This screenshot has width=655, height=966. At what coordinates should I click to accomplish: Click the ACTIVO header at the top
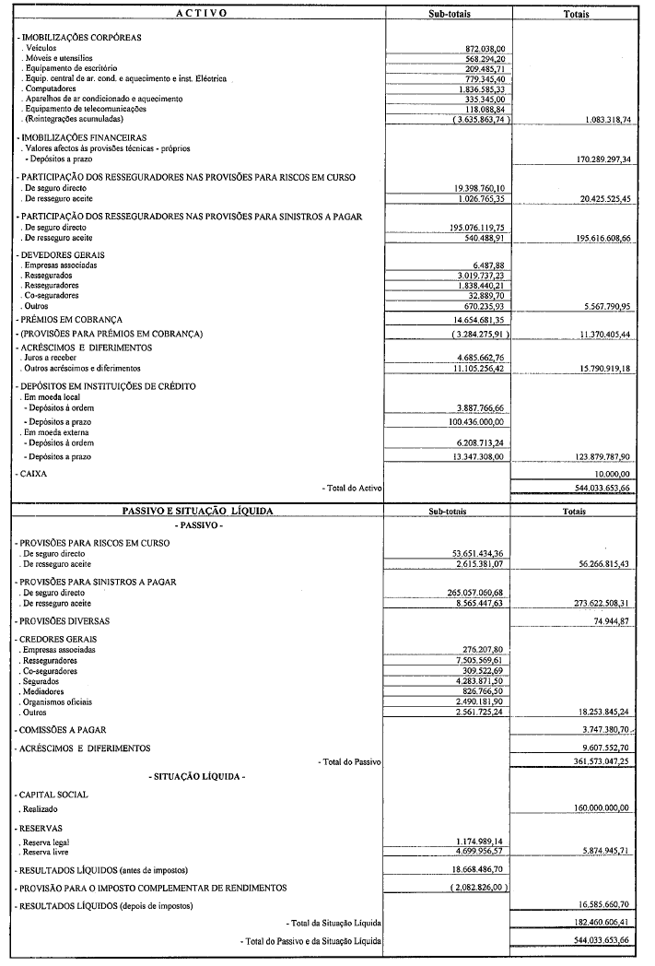[x=197, y=14]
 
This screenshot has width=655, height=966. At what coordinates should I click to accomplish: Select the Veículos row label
[x=42, y=47]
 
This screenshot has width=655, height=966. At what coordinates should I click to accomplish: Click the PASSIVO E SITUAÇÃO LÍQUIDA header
[x=198, y=510]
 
